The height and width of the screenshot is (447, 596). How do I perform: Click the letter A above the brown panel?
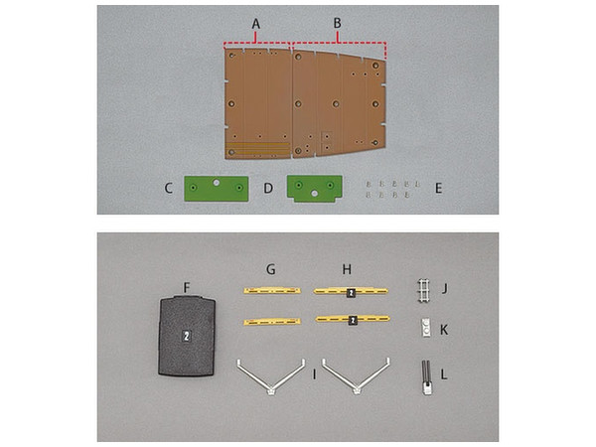coord(256,24)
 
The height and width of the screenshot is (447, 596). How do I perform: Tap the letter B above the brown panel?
coord(337,23)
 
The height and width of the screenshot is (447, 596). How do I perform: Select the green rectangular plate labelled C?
coord(217,188)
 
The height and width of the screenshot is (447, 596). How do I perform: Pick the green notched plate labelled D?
coord(315,189)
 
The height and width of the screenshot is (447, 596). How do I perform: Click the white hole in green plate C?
coord(217,183)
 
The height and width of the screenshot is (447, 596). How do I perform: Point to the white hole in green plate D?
coord(314,194)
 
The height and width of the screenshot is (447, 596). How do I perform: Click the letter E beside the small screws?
coord(438,188)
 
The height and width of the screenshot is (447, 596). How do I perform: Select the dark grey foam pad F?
coord(187,336)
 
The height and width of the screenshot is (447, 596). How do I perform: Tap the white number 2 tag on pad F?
coord(187,336)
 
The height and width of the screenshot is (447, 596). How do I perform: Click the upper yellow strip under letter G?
coord(272,291)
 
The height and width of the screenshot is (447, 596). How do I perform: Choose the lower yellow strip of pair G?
coord(272,322)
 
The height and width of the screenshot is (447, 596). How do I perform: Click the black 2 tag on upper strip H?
coord(351,293)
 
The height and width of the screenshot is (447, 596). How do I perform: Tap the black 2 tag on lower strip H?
coord(353,321)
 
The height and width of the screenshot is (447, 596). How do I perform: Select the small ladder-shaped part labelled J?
coord(424,291)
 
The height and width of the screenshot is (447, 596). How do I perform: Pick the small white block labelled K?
coord(426,328)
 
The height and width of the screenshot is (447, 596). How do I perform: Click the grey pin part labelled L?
coord(426,377)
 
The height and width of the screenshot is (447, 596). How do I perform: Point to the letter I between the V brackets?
coord(314,374)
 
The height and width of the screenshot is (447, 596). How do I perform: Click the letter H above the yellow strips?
coord(347,269)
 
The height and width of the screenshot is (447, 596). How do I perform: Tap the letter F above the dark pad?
coord(187,288)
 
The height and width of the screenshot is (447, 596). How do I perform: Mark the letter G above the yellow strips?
coord(270,269)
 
